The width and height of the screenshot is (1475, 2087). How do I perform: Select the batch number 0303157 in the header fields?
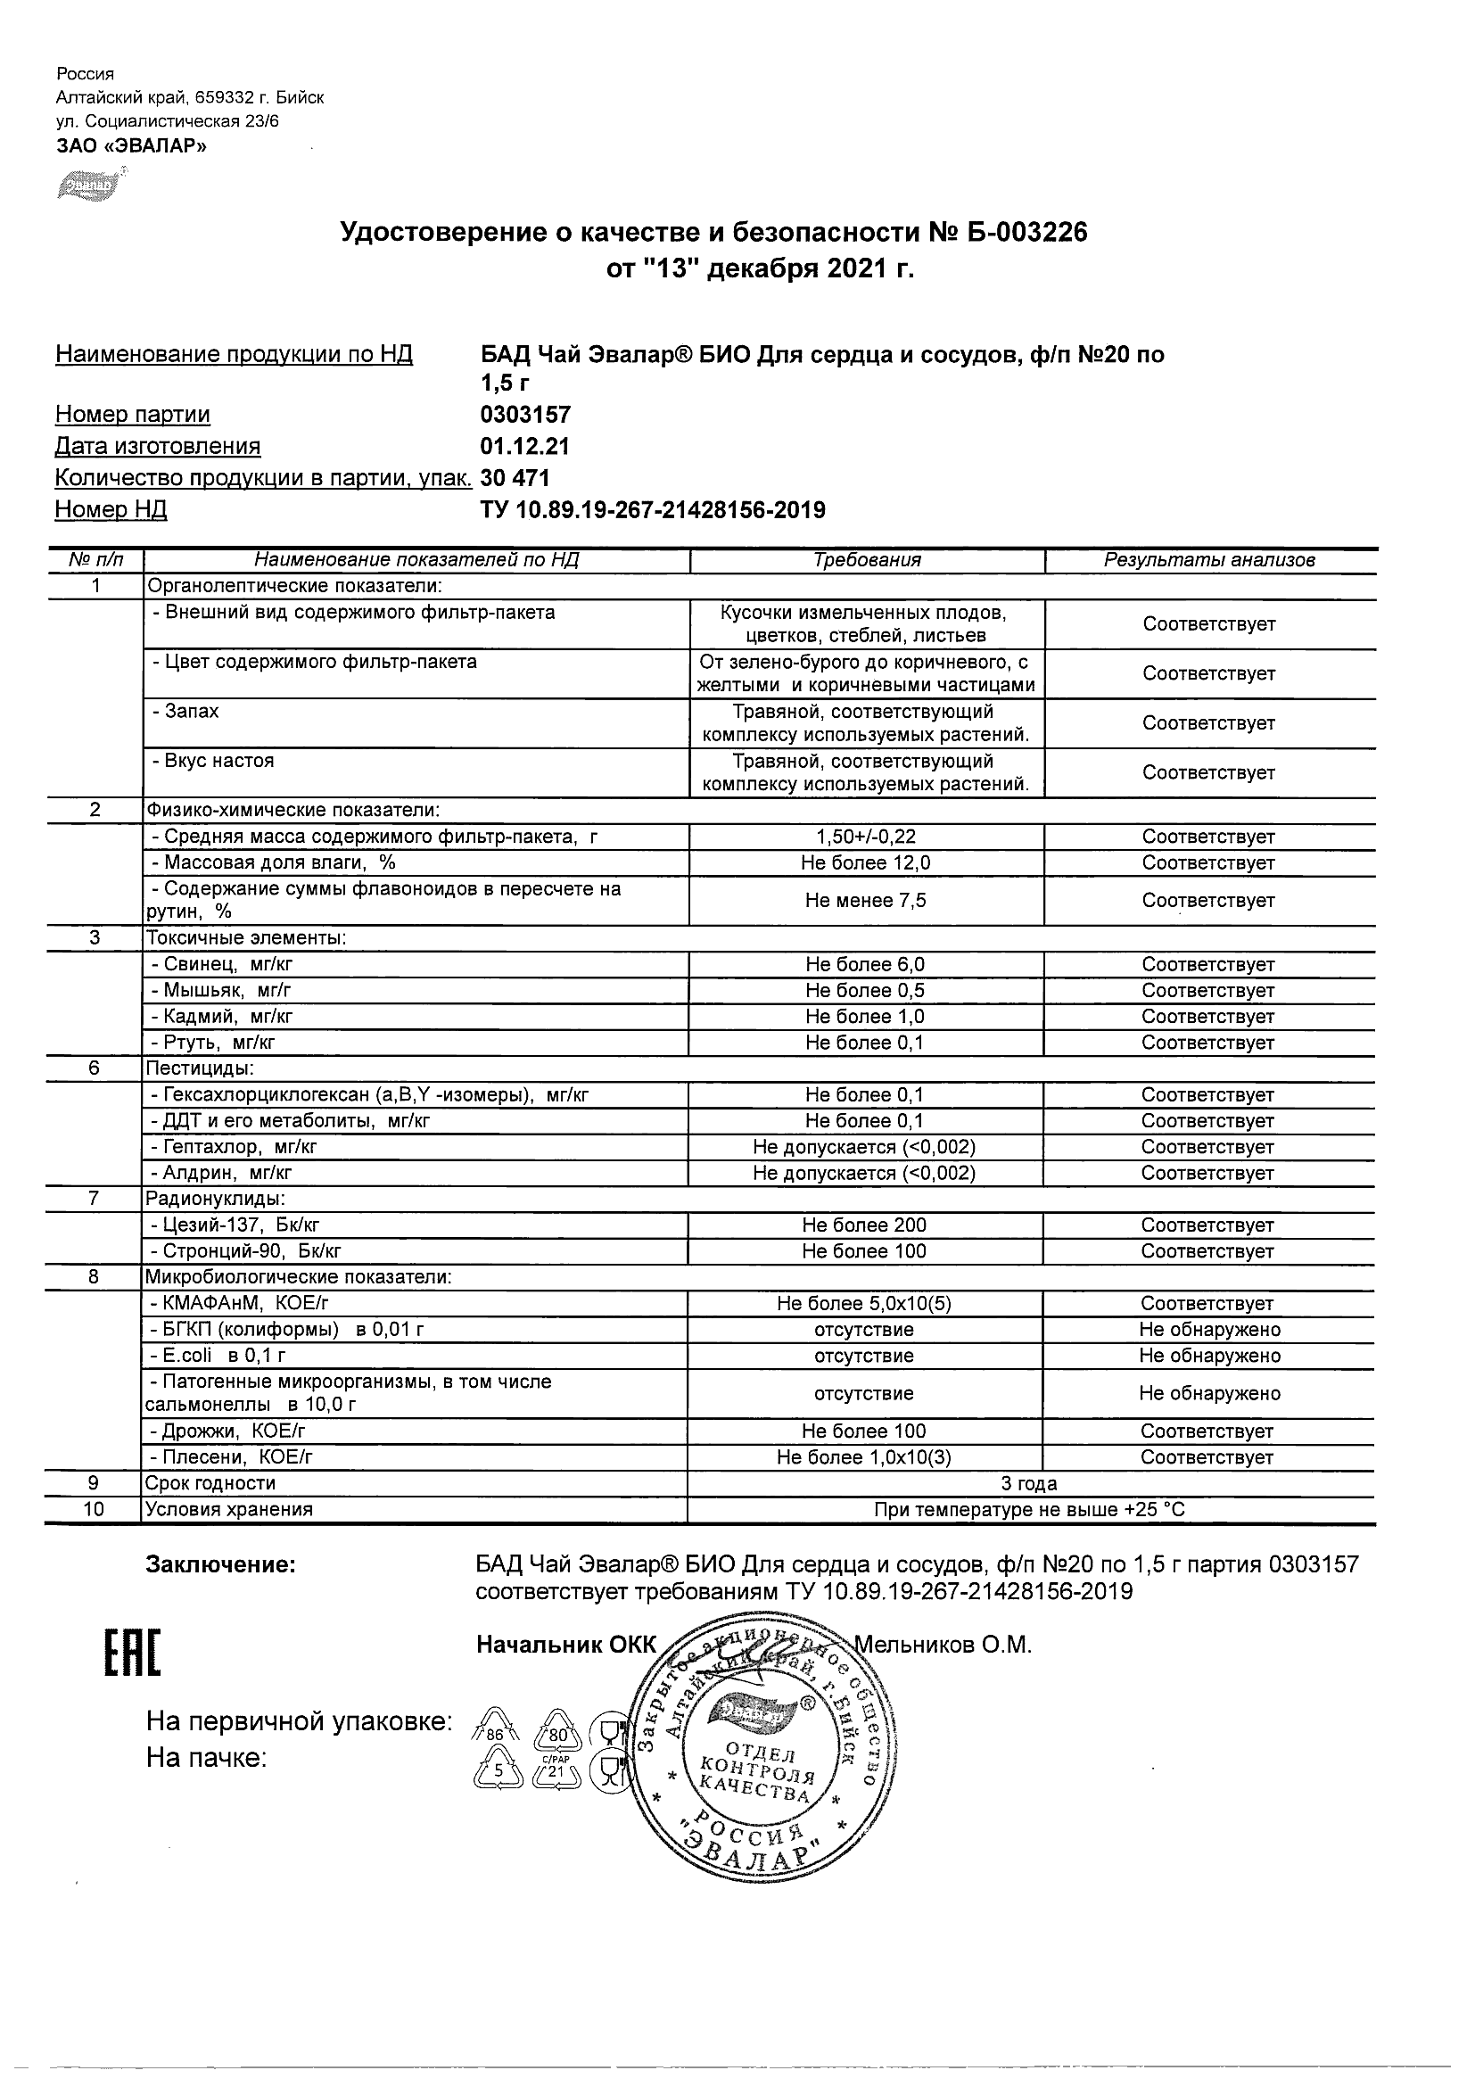525,415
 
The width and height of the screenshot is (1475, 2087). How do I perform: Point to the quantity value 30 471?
515,478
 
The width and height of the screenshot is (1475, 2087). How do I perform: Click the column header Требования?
867,560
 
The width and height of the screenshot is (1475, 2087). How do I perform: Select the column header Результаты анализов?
1208,560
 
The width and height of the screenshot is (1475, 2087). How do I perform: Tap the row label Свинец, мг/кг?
222,963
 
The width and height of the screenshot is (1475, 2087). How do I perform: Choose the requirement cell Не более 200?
864,1225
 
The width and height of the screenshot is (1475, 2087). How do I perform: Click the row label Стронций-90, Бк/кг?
245,1250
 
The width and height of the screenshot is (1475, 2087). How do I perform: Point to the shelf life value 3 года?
1029,1483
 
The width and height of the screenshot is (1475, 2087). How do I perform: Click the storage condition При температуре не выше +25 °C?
1029,1510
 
